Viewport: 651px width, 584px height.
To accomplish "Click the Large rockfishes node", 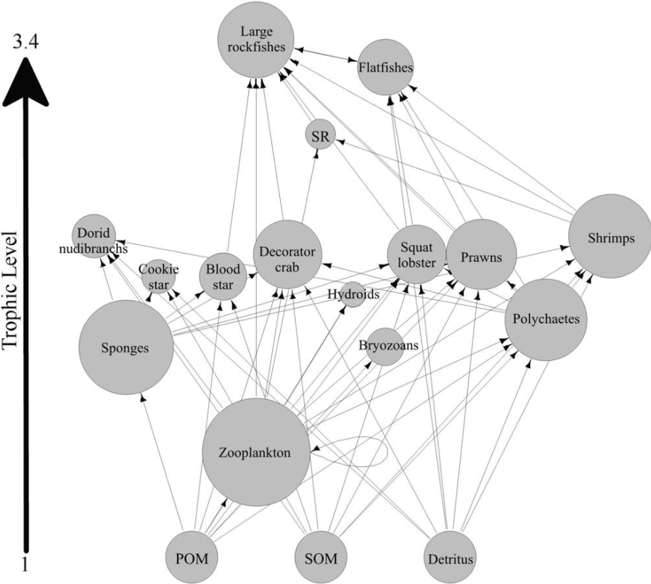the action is point(256,40).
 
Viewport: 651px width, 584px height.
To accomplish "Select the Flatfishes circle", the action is point(385,67).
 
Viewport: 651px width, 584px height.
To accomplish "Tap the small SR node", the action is point(320,135).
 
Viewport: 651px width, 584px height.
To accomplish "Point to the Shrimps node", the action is point(610,236).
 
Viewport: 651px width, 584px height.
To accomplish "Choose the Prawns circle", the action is point(482,255).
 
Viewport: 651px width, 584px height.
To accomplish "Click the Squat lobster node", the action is point(416,254).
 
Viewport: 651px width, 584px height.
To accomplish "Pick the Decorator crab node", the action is point(287,254).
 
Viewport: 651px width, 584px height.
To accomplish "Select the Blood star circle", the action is point(223,276).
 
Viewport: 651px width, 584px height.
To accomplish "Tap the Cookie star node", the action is point(158,276).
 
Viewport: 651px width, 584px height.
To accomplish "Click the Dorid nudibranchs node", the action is point(94,236).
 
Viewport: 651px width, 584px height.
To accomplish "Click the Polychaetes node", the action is point(546,320).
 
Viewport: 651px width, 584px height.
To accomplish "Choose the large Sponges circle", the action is point(126,347).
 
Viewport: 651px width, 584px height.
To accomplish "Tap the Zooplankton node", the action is point(256,452).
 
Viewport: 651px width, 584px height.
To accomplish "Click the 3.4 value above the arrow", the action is point(26,42).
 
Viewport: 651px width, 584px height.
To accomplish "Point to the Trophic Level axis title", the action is point(10,291).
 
